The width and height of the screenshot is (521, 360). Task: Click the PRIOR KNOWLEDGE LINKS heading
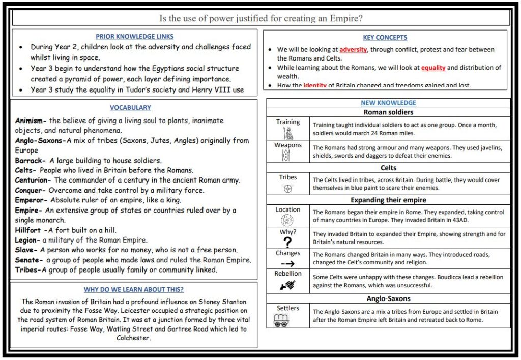[x=134, y=37]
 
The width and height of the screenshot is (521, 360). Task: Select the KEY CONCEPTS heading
[x=385, y=38]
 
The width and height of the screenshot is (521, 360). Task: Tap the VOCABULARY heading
[x=130, y=108]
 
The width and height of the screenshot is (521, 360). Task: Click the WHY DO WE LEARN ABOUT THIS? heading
[x=134, y=290]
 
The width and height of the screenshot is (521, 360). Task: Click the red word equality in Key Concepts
[x=433, y=68]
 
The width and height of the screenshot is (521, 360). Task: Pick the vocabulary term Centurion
[x=33, y=180]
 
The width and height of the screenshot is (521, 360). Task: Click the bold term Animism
[x=31, y=121]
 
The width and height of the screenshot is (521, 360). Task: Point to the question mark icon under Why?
[x=287, y=242]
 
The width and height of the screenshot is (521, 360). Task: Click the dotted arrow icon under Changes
[x=287, y=263]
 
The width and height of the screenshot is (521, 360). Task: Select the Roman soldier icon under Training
[x=287, y=133]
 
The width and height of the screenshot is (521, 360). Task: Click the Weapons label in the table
[x=288, y=145]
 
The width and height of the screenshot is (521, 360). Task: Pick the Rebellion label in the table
[x=288, y=274]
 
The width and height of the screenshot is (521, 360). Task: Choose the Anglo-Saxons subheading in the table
[x=388, y=298]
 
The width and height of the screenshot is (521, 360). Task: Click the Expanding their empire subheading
[x=388, y=200]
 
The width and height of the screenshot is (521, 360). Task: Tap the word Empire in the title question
[x=345, y=18]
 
